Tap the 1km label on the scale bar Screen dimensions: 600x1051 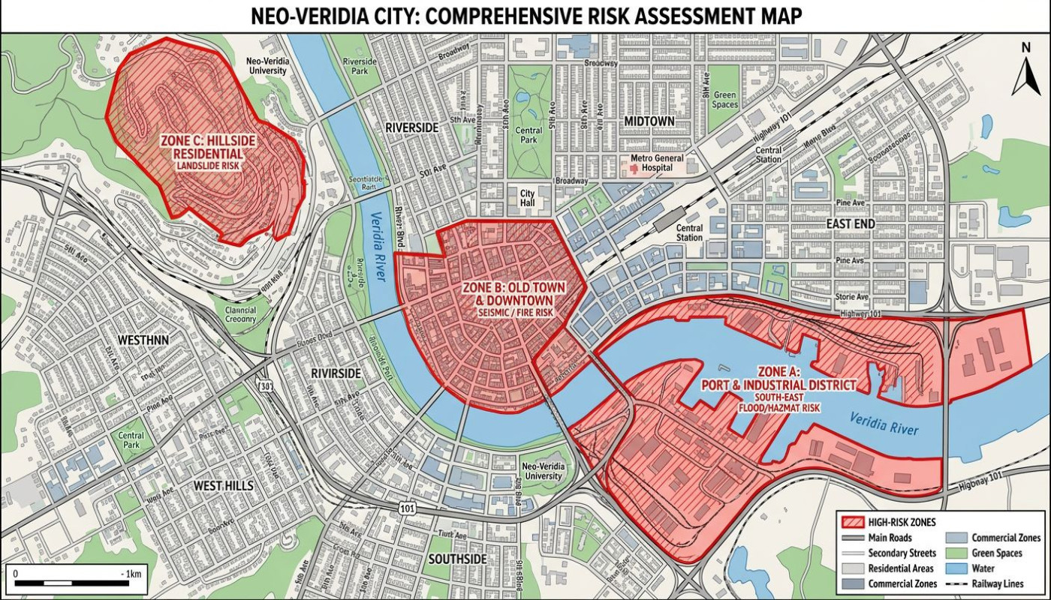tap(131, 574)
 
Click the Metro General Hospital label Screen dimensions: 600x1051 tap(658, 163)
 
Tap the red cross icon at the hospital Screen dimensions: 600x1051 tap(633, 168)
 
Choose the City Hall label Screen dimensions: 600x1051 tap(528, 198)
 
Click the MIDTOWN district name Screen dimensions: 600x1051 tap(649, 121)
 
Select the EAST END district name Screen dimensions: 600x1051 tap(851, 223)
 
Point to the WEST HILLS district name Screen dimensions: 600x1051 tap(223, 486)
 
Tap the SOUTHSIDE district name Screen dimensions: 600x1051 tap(456, 559)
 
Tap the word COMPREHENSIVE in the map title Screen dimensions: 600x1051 tap(526, 16)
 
